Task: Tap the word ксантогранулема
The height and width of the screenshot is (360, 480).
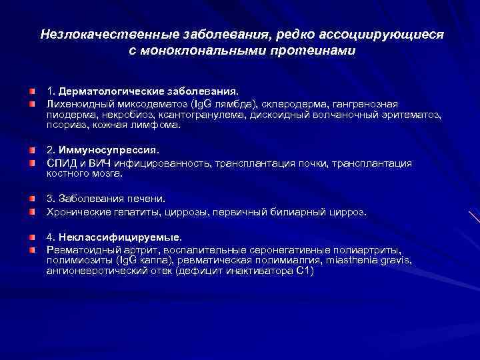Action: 207,114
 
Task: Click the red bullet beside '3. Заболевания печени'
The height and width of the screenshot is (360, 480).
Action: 31,199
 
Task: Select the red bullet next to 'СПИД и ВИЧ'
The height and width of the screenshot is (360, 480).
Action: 31,163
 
